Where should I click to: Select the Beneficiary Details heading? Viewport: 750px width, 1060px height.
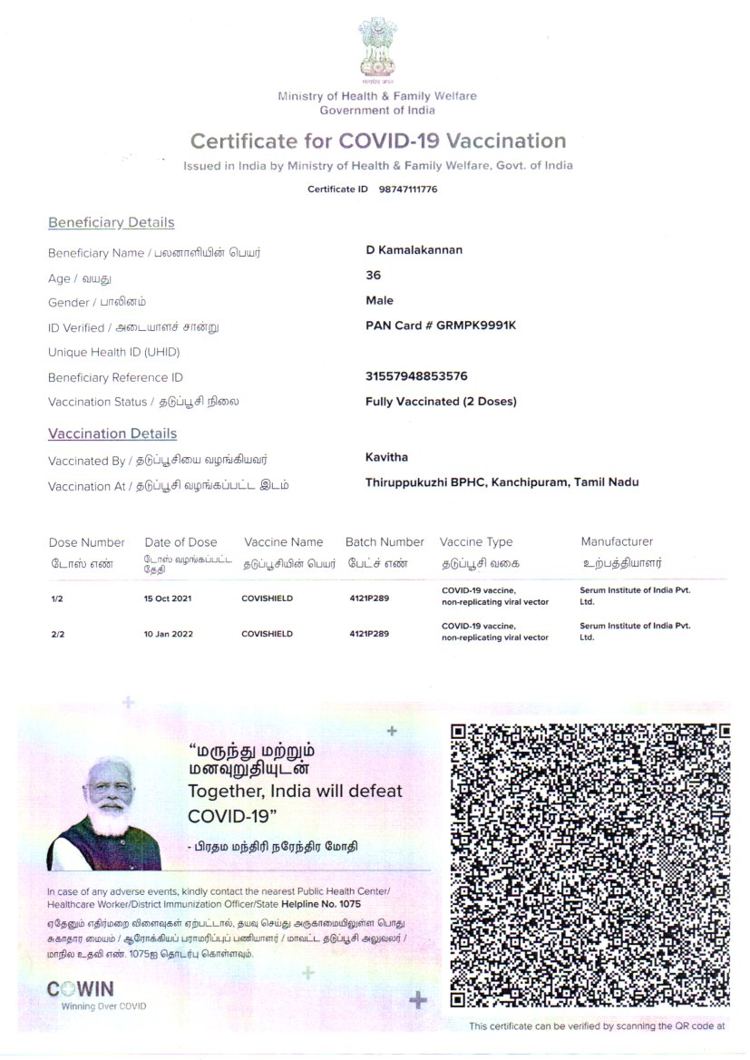pos(111,223)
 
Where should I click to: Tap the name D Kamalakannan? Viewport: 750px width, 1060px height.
pos(414,250)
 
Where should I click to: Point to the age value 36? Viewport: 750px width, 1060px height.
pos(373,276)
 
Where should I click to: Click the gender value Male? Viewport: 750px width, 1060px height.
pos(379,301)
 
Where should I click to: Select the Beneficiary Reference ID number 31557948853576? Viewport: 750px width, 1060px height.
pos(416,376)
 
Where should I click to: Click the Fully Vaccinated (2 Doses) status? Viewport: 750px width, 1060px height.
pos(441,402)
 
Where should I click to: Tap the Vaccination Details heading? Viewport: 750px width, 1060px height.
pos(112,434)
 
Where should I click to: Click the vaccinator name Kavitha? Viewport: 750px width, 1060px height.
pos(386,458)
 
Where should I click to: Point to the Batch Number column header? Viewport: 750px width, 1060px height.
pos(385,542)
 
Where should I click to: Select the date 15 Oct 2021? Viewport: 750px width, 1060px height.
pos(168,599)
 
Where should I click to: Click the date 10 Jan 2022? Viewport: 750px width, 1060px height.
pos(168,634)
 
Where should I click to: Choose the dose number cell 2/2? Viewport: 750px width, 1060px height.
pos(58,635)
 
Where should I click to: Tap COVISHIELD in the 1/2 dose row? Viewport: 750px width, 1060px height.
pos(268,599)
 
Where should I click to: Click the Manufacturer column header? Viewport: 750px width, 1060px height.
pos(617,542)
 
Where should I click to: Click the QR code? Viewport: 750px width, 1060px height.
pos(590,865)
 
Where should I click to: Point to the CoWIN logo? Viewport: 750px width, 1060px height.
pos(80,989)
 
